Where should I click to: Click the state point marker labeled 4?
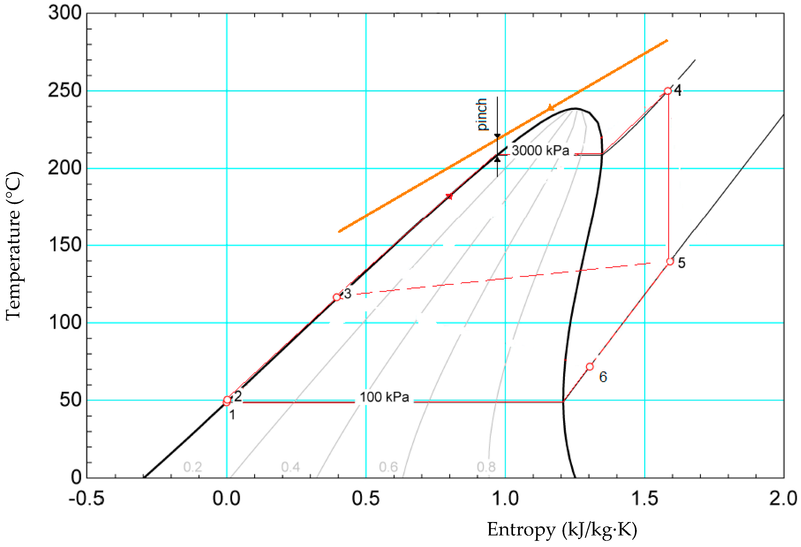[x=668, y=91]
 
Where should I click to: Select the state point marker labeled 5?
[x=670, y=262]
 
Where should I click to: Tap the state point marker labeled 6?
[x=590, y=366]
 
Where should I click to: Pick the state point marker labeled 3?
[x=337, y=297]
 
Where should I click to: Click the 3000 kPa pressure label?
[x=540, y=151]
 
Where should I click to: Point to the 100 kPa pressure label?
[x=384, y=397]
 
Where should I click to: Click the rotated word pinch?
[x=482, y=115]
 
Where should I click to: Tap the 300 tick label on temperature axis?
[x=65, y=13]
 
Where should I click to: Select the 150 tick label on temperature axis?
[x=65, y=245]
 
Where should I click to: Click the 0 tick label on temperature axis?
[x=76, y=477]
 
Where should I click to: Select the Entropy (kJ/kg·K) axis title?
[x=562, y=529]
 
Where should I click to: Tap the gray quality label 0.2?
[x=193, y=467]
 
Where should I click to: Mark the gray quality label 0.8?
[x=486, y=467]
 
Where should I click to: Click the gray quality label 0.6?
[x=388, y=467]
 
